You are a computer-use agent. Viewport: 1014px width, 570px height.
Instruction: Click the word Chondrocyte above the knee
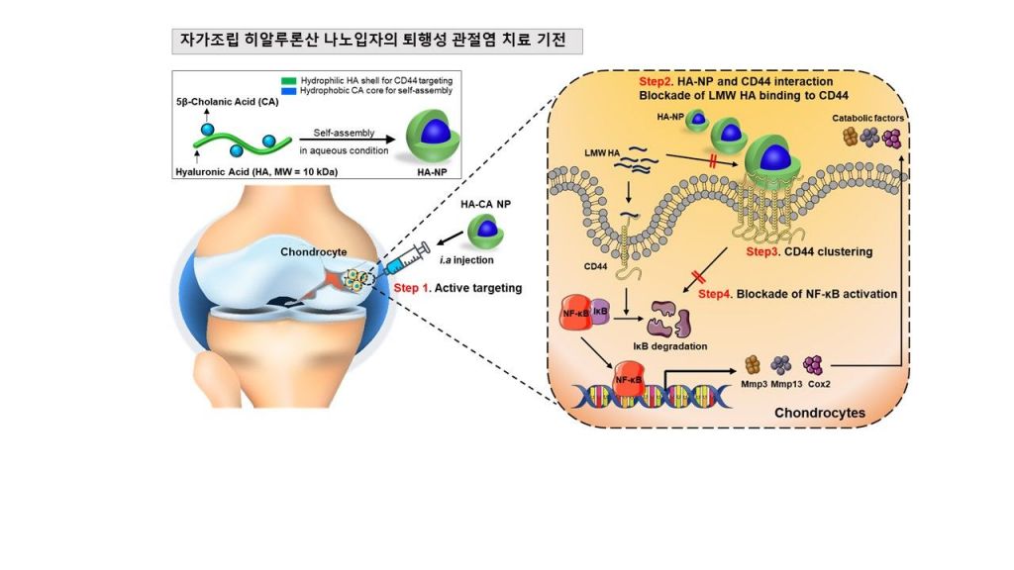(x=313, y=251)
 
